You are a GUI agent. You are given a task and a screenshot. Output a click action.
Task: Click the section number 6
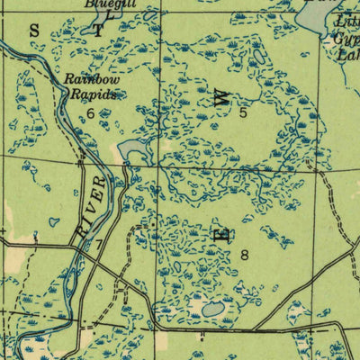click(x=91, y=112)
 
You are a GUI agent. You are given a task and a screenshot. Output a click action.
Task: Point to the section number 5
click(x=243, y=113)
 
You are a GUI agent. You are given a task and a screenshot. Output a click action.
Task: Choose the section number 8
click(x=244, y=255)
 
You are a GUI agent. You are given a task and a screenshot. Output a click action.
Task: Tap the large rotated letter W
click(x=221, y=99)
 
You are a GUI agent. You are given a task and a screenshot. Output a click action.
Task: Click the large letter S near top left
click(x=35, y=30)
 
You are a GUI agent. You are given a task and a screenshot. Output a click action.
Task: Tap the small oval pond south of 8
click(x=212, y=310)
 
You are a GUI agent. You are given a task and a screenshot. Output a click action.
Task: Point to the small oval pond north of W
click(x=259, y=56)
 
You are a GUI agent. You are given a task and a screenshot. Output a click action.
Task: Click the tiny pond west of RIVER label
click(x=54, y=221)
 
